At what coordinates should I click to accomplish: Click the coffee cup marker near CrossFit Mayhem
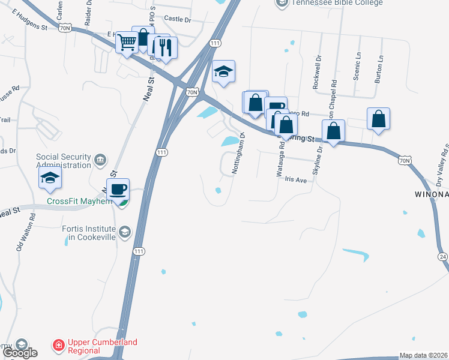click(118, 190)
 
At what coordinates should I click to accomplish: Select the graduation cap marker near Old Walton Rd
click(50, 177)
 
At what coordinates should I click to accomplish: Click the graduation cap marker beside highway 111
click(223, 72)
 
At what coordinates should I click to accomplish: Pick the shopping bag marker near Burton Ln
click(379, 119)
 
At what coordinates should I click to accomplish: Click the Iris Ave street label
click(296, 179)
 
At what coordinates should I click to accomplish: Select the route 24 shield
click(443, 257)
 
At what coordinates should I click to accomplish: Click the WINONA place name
click(432, 194)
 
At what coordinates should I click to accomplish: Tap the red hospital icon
click(59, 346)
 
